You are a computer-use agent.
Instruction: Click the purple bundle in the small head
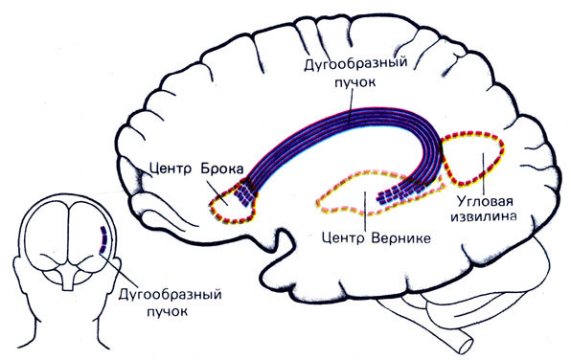(x=103, y=238)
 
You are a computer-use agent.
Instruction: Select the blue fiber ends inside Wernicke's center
(x=402, y=195)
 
